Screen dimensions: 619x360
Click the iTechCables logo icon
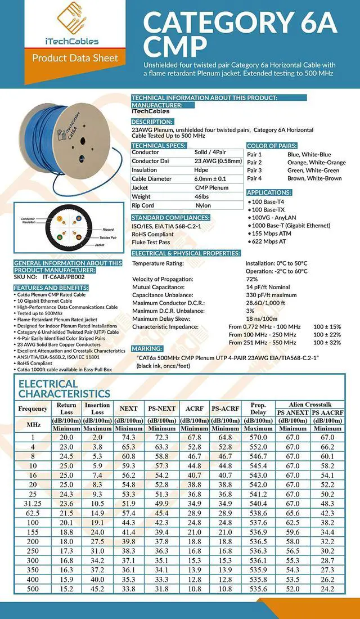(66, 19)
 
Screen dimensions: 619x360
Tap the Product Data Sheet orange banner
(75, 58)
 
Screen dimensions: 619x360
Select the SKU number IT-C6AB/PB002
(64, 276)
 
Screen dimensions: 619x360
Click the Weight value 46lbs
(202, 196)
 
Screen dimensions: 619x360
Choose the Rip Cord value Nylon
(202, 205)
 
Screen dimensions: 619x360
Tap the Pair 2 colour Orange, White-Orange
(316, 162)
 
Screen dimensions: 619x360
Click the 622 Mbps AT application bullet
(269, 240)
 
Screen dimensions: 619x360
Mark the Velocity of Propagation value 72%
(251, 279)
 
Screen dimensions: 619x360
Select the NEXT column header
(128, 408)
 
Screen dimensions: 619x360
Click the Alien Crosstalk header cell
(310, 404)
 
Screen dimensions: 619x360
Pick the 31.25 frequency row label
(33, 503)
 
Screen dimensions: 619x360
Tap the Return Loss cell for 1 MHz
(66, 437)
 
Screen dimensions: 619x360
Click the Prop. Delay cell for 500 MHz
(258, 589)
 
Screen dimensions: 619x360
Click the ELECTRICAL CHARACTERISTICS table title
(64, 389)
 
